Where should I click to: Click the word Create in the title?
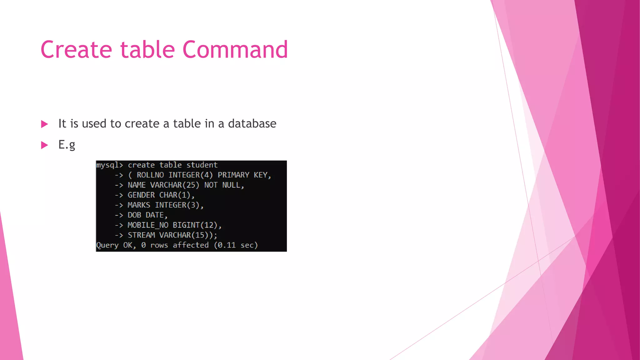pyautogui.click(x=76, y=50)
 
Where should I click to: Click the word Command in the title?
pyautogui.click(x=235, y=50)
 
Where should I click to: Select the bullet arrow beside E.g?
pyautogui.click(x=44, y=145)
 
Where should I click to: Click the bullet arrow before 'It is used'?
pyautogui.click(x=44, y=124)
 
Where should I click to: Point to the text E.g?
pyautogui.click(x=67, y=145)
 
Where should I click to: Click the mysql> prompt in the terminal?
pyautogui.click(x=109, y=165)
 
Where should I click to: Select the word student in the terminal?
pyautogui.click(x=202, y=165)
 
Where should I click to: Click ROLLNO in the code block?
pyautogui.click(x=150, y=175)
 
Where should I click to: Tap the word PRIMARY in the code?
pyautogui.click(x=233, y=175)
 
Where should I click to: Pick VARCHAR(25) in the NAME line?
pyautogui.click(x=175, y=185)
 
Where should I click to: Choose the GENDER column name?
pyautogui.click(x=141, y=195)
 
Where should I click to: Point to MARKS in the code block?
pyautogui.click(x=139, y=205)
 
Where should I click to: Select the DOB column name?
pyautogui.click(x=134, y=215)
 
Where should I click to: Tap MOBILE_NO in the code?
pyautogui.click(x=148, y=225)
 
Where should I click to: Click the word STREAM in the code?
pyautogui.click(x=141, y=235)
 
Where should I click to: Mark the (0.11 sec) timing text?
pyautogui.click(x=236, y=245)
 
